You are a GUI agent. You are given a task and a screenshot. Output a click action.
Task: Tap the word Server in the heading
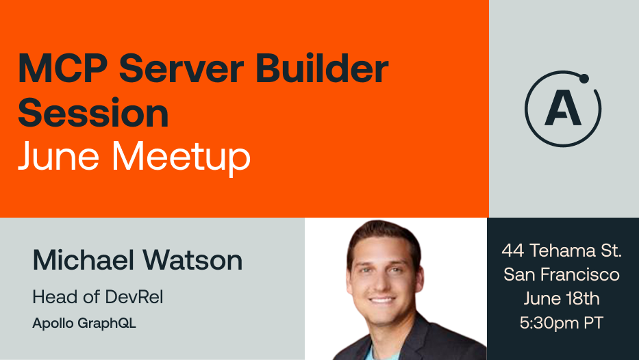[x=181, y=68]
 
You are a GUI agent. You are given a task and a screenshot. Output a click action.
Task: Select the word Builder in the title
[x=322, y=68]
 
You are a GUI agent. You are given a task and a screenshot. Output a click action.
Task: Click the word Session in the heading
[x=93, y=112]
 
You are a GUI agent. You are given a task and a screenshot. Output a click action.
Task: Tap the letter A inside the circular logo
[x=562, y=110]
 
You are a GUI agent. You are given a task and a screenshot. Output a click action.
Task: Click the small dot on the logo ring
[x=584, y=79]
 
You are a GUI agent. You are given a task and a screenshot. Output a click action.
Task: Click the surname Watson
[x=192, y=260]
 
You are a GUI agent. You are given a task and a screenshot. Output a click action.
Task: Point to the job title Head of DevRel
[x=98, y=297]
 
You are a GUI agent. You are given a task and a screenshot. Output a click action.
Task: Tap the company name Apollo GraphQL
[x=84, y=323]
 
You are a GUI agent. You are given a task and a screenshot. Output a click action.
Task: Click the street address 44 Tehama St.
[x=562, y=250]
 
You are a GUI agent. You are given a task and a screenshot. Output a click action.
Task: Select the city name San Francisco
[x=562, y=274]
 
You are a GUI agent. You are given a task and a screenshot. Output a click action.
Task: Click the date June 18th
[x=562, y=298]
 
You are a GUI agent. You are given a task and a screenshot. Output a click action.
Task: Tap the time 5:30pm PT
[x=562, y=323]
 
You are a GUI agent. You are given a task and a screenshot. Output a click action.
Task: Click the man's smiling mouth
[x=382, y=300]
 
